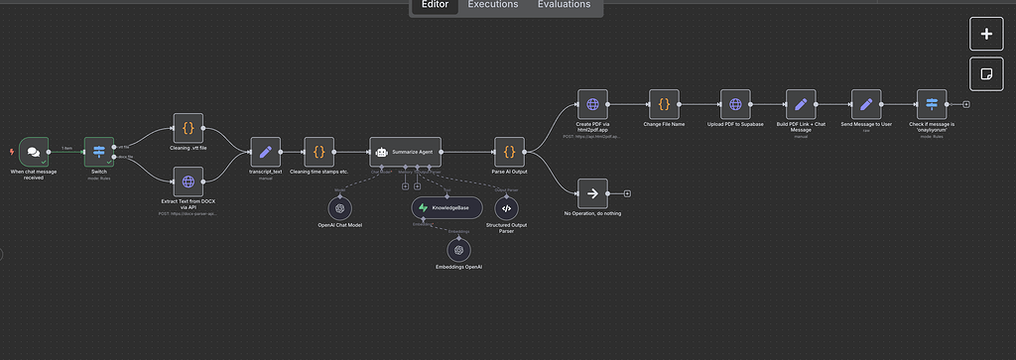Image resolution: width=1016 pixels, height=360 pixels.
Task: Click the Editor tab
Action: (x=435, y=5)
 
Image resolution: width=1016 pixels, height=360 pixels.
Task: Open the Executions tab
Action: (x=493, y=5)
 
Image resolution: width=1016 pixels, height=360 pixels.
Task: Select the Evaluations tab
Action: (x=565, y=5)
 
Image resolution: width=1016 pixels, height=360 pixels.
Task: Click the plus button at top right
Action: (x=986, y=34)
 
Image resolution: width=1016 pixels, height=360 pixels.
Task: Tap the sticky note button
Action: (x=986, y=74)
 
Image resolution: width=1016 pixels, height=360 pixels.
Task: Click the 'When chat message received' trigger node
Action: (x=34, y=152)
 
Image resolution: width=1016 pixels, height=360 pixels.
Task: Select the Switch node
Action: (x=99, y=152)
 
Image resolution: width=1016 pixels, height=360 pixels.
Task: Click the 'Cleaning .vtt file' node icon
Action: (x=188, y=128)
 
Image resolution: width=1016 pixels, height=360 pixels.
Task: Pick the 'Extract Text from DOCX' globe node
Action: (x=188, y=182)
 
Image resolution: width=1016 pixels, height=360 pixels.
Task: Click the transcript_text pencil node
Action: (x=265, y=152)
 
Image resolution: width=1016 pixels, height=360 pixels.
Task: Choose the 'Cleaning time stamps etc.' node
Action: (x=318, y=152)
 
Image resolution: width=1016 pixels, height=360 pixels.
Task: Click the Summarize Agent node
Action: (x=404, y=152)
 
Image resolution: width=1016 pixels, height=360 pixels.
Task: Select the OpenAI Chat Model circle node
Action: (x=339, y=208)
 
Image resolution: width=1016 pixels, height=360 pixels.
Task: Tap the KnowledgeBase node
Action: (x=446, y=207)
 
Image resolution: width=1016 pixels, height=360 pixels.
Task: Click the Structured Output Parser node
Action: (x=506, y=208)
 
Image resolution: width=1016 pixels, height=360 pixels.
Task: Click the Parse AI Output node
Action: (x=509, y=152)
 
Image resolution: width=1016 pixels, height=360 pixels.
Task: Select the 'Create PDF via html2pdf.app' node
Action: (x=592, y=104)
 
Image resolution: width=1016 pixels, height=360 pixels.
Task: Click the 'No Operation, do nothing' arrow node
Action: (x=592, y=193)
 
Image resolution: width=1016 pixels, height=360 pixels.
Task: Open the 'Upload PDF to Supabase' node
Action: (x=735, y=104)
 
